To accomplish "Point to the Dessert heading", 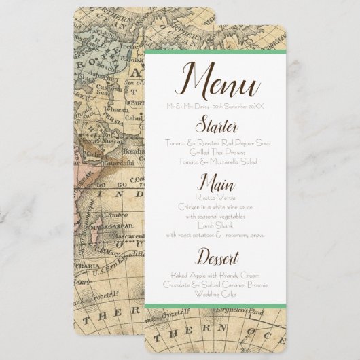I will pyautogui.click(x=217, y=258).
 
